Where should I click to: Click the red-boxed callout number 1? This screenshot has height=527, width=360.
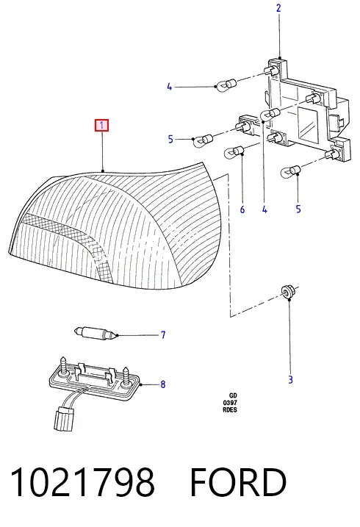click(101, 126)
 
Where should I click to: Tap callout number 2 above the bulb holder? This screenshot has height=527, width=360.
click(278, 8)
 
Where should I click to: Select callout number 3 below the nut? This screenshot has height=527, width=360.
click(290, 380)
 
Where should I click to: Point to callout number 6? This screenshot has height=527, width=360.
click(242, 209)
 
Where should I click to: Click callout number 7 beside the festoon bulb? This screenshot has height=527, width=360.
click(163, 334)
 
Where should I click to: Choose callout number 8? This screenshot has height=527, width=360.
click(163, 384)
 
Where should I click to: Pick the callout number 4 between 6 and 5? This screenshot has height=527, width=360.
click(264, 209)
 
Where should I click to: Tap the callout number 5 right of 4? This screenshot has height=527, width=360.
click(298, 209)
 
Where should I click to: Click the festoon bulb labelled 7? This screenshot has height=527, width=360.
click(96, 334)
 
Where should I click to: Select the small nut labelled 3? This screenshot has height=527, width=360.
click(286, 291)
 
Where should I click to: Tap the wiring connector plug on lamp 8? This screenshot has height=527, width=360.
click(64, 418)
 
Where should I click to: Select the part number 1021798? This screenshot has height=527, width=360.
click(82, 481)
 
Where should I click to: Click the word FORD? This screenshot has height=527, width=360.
click(238, 481)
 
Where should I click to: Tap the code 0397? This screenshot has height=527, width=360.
click(230, 403)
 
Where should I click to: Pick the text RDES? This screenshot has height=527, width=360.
click(230, 409)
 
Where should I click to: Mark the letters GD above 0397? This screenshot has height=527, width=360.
click(233, 395)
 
